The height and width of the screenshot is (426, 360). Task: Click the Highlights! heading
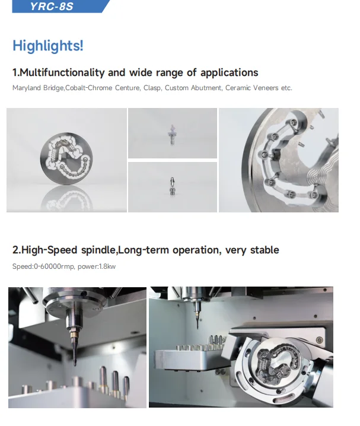48,46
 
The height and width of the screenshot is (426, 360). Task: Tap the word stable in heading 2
264,250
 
